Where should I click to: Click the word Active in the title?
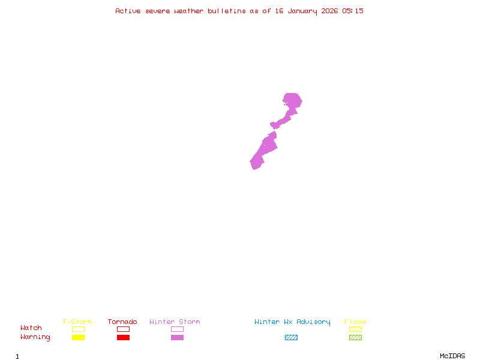(x=128, y=11)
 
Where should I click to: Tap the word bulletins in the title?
(x=227, y=11)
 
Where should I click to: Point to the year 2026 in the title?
(x=329, y=11)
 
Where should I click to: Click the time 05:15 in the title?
(x=353, y=11)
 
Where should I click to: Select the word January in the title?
(x=301, y=11)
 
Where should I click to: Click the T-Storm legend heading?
(x=77, y=322)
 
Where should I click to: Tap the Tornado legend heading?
(x=122, y=322)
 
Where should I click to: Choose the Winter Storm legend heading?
(x=175, y=322)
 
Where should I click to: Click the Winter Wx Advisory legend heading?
(x=292, y=322)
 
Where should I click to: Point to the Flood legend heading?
(x=355, y=322)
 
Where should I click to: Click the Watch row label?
(x=31, y=328)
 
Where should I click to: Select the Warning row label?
(x=35, y=337)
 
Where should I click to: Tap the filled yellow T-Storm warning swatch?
(x=78, y=337)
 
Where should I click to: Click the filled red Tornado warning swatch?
(x=123, y=337)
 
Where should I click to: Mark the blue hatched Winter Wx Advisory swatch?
(x=291, y=337)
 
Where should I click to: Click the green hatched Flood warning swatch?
(x=355, y=337)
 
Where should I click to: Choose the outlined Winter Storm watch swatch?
(x=177, y=329)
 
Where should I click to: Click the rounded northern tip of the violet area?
(x=292, y=97)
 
